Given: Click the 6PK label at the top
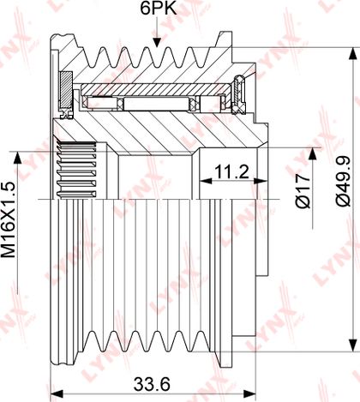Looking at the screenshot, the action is click(x=159, y=9).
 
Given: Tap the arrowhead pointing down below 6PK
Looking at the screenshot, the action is click(x=156, y=41).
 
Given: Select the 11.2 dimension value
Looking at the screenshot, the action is click(x=231, y=171).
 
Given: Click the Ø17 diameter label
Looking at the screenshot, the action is click(x=303, y=191).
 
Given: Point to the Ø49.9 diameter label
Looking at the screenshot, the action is click(x=343, y=181).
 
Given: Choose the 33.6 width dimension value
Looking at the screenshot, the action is click(x=152, y=384).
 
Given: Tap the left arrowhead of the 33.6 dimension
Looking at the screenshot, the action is click(x=57, y=394).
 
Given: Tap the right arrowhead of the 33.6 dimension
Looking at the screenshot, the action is click(x=249, y=394).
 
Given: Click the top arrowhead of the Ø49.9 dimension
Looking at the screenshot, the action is click(x=353, y=54).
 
